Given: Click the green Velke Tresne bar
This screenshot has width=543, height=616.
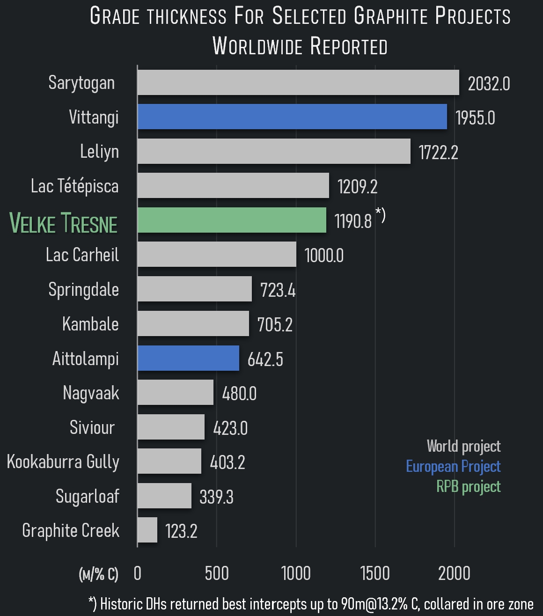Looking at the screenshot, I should [x=232, y=220].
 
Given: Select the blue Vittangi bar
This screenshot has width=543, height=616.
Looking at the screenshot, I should [x=292, y=117].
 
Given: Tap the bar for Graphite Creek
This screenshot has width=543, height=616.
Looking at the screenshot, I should [x=147, y=530].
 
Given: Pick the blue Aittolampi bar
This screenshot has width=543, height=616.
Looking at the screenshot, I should [x=188, y=358].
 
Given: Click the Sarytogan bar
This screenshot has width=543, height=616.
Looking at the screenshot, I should [x=298, y=82].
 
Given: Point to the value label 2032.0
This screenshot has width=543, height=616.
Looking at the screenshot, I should [x=489, y=84].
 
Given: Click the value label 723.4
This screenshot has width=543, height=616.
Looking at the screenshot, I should [x=278, y=290].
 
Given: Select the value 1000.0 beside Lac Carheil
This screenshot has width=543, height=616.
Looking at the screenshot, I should [x=324, y=256].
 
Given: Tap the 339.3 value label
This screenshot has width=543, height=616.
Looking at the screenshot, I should [x=216, y=497].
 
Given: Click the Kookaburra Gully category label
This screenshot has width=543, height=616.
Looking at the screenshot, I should [x=63, y=462].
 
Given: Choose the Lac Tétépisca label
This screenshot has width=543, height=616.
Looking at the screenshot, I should [x=75, y=186].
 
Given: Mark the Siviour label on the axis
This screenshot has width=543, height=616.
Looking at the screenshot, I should [x=92, y=427].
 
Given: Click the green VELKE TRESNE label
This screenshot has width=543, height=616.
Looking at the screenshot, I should [x=64, y=223].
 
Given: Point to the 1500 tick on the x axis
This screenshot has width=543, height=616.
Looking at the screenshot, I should [x=375, y=573].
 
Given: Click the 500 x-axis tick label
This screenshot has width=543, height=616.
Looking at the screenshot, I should [x=217, y=573].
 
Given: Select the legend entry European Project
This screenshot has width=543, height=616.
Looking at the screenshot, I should [x=453, y=466].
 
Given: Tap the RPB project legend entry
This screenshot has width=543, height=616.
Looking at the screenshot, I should [x=468, y=486].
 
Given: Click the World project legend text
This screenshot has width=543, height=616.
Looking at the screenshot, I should [x=463, y=446].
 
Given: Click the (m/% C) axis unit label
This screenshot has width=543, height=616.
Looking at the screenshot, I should [x=99, y=574].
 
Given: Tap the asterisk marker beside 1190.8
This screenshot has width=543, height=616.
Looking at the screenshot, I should [x=380, y=215].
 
